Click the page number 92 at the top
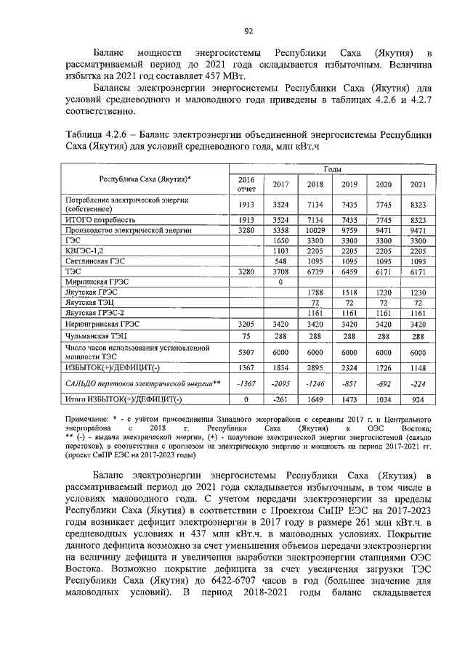coord(248,30)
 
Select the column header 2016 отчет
coord(247,184)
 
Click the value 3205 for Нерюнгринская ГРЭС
coord(247,323)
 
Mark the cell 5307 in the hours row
coord(247,352)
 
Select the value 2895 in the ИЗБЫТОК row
coord(315,367)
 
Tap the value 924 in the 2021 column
coord(417,399)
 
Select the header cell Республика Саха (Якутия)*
coord(145,178)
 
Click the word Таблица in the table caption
coord(86,134)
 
